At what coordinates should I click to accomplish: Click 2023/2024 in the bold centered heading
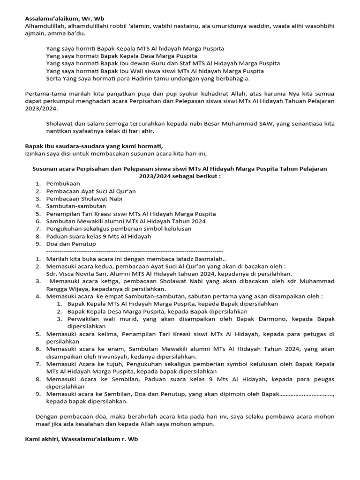(153, 176)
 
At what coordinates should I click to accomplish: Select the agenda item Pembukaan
(63, 183)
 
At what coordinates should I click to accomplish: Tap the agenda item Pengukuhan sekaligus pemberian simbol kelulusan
(125, 228)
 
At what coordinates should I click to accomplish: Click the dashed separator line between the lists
(135, 251)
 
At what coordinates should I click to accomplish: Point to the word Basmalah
(210, 259)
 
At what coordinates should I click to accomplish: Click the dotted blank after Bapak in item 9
(307, 394)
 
